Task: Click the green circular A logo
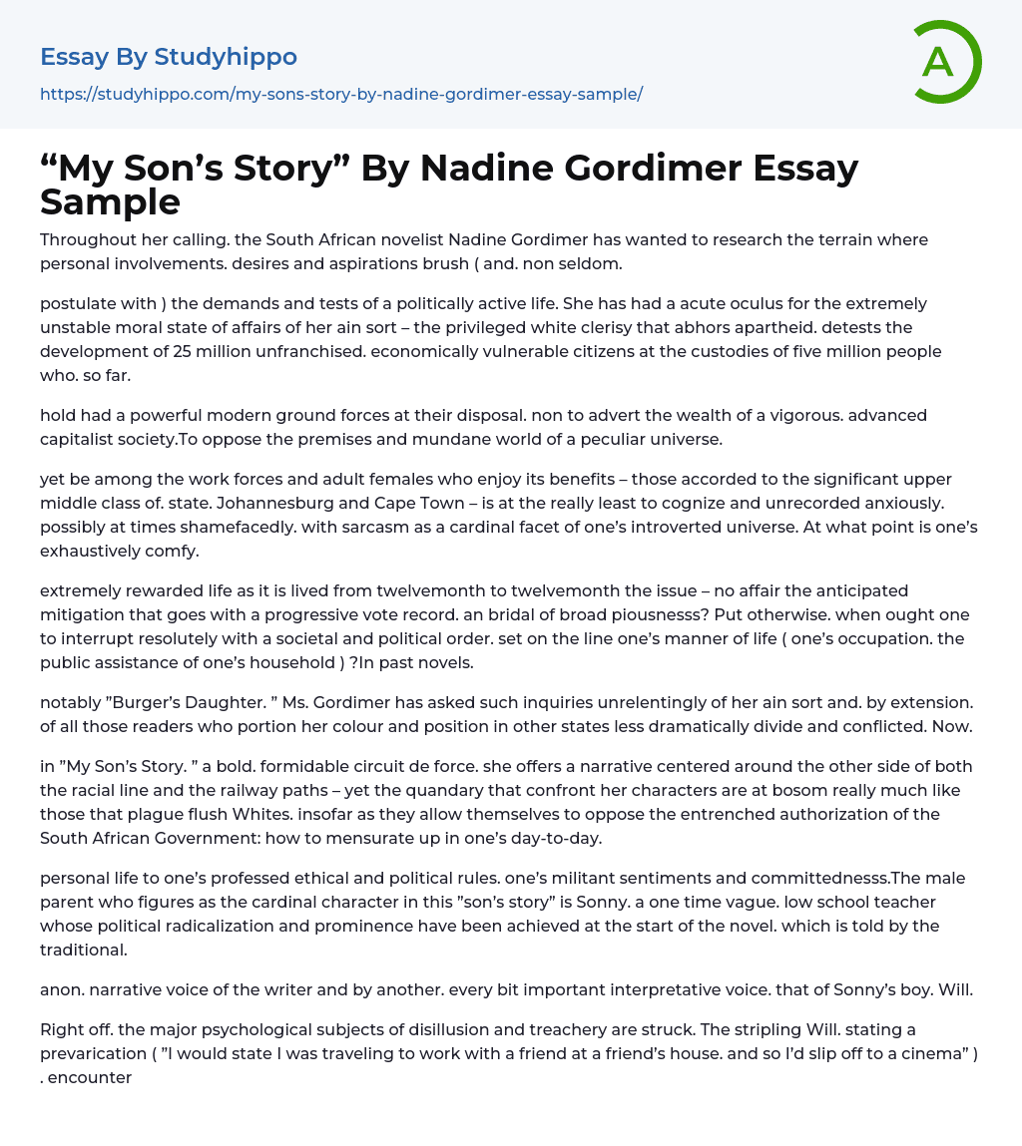tap(943, 62)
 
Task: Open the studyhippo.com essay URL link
tap(341, 94)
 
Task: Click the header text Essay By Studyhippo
tap(169, 57)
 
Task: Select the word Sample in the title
tap(110, 201)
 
